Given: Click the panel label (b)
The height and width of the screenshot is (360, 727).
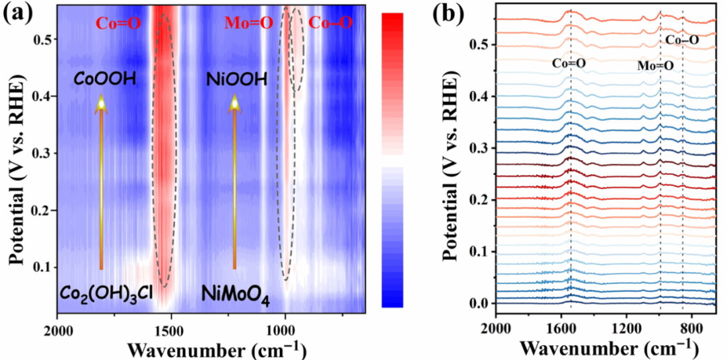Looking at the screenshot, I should pos(452,14).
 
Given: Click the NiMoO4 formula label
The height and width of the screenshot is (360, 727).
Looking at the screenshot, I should pos(236,294).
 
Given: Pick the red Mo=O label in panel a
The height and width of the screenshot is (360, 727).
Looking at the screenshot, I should pos(248,24).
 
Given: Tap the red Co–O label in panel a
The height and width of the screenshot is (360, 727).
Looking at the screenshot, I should pos(331,24).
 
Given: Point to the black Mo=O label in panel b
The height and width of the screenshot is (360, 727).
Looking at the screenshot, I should pos(655,66).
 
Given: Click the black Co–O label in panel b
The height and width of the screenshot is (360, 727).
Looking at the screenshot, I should pos(682,41).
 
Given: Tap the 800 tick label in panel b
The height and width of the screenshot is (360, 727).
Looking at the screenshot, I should pos(691,329).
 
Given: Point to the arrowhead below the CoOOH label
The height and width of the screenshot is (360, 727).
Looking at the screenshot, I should pos(101,102).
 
